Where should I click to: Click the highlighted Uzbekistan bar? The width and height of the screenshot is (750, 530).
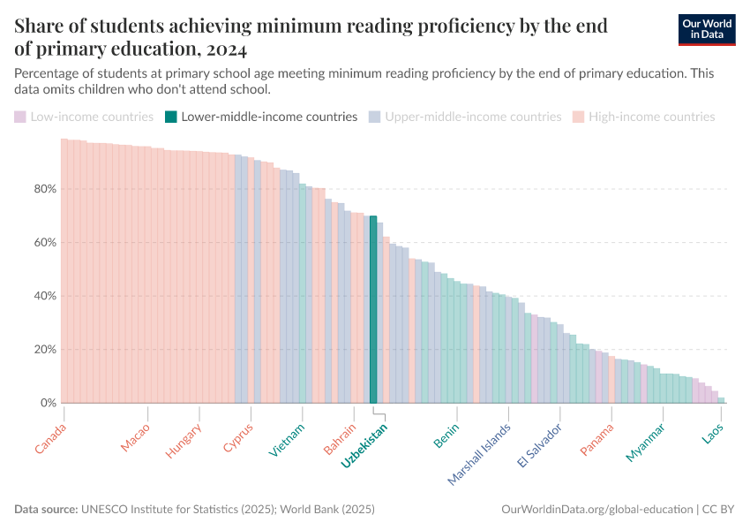(x=373, y=309)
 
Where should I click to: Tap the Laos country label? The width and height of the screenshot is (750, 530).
(x=713, y=434)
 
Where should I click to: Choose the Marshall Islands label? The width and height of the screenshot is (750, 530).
(x=480, y=453)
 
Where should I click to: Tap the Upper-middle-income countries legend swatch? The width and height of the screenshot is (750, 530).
(x=375, y=117)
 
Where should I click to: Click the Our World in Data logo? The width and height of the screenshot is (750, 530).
(x=707, y=29)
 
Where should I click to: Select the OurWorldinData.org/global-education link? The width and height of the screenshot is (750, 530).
(x=596, y=510)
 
